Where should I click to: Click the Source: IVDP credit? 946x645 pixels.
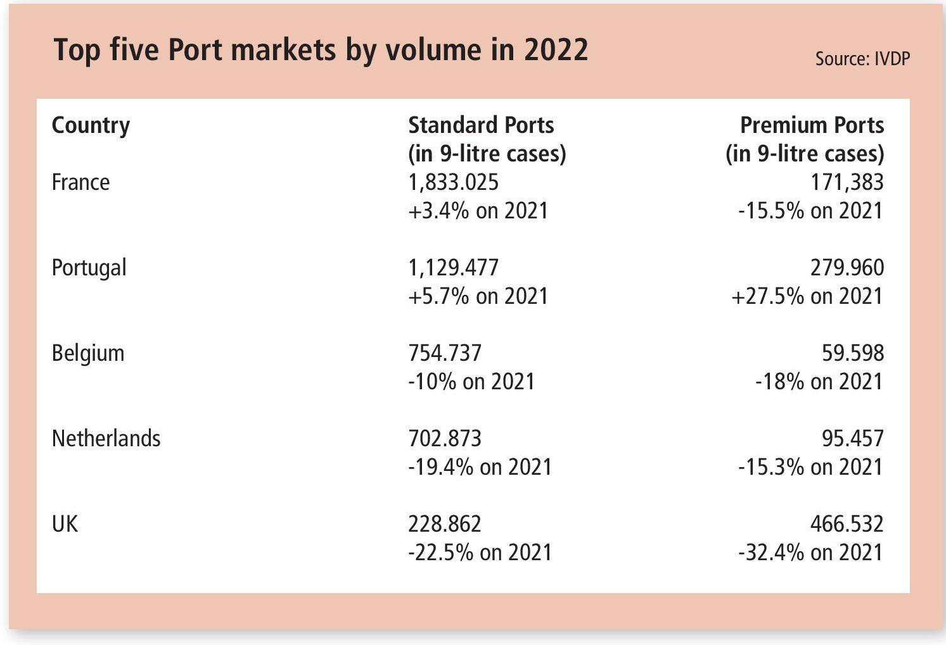[x=862, y=59]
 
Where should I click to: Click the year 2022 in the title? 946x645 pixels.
[x=556, y=49]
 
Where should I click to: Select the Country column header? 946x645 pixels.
[x=91, y=125]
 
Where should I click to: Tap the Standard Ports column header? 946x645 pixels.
[x=481, y=125]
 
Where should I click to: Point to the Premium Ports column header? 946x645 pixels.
[x=812, y=125]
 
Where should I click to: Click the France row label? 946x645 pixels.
[x=80, y=182]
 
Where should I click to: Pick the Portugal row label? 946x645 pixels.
[x=89, y=268]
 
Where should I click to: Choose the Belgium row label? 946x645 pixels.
[x=88, y=353]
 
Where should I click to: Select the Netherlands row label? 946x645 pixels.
[x=106, y=439]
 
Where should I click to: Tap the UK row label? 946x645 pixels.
[x=65, y=524]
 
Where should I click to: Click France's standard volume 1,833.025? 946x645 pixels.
[x=453, y=182]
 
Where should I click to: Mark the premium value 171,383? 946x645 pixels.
[x=847, y=182]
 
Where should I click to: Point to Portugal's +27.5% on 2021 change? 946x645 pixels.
[x=807, y=296]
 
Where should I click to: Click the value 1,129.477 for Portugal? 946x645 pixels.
[x=453, y=268]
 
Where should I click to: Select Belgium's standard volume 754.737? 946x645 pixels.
[x=445, y=353]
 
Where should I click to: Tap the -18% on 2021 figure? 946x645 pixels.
[x=819, y=382]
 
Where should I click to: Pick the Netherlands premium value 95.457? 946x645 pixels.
[x=852, y=439]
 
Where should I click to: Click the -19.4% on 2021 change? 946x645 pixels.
[x=480, y=467]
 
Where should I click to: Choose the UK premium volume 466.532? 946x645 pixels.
[x=847, y=524]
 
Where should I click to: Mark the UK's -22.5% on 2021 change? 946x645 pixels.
[x=480, y=553]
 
